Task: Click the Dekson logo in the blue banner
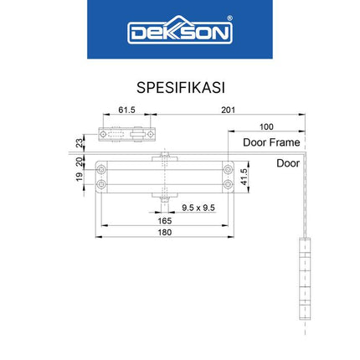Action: pyautogui.click(x=179, y=33)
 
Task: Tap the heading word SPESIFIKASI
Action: pyautogui.click(x=179, y=88)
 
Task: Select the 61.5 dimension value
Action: pyautogui.click(x=126, y=109)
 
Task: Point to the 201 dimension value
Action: pyautogui.click(x=228, y=109)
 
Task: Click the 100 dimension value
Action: pyautogui.click(x=266, y=126)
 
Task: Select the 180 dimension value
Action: pyautogui.click(x=164, y=231)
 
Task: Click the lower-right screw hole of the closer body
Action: pyautogui.click(x=226, y=183)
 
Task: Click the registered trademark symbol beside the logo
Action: pyautogui.click(x=230, y=23)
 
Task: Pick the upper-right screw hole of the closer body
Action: pyautogui.click(x=226, y=170)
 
